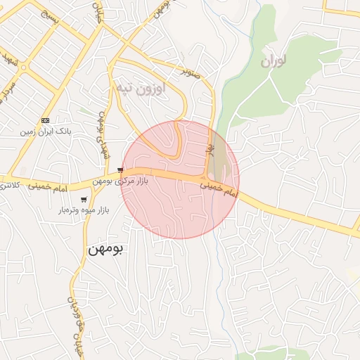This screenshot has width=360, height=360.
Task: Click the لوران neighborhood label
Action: point(274,62)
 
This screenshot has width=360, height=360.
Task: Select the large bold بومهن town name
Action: point(105,250)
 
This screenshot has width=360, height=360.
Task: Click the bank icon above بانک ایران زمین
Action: point(45,120)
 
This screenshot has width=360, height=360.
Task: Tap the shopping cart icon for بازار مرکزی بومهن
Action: point(121,170)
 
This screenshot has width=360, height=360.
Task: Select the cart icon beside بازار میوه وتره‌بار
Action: point(84,200)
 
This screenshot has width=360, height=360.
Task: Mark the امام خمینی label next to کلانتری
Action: point(47,186)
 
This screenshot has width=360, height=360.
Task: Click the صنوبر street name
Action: point(193,72)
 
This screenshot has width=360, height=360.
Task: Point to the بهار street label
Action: point(208,149)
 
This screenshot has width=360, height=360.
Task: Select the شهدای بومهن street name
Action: point(102,134)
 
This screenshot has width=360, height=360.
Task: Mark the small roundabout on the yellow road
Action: point(23,68)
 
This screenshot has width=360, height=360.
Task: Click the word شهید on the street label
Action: point(8,56)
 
